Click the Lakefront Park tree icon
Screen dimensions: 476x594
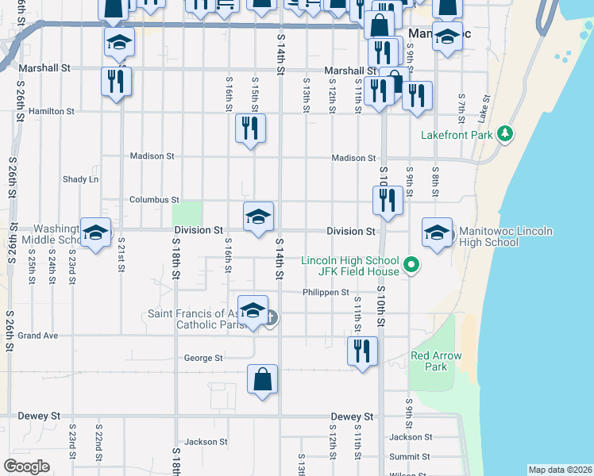pyautogui.click(x=503, y=133)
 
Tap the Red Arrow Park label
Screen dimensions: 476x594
pyautogui.click(x=436, y=361)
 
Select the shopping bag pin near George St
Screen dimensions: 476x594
pyautogui.click(x=262, y=379)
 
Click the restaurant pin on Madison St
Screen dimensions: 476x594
pyautogui.click(x=251, y=129)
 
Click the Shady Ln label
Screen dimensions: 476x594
pyautogui.click(x=81, y=179)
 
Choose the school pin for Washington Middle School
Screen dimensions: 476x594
pyautogui.click(x=95, y=232)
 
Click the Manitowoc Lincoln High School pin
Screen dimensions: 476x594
pyautogui.click(x=436, y=232)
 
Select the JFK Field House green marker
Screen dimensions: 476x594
pyautogui.click(x=411, y=265)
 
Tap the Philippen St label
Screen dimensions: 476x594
pyautogui.click(x=326, y=292)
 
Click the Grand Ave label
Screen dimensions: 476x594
pyautogui.click(x=38, y=336)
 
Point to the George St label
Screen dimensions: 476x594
pyautogui.click(x=203, y=358)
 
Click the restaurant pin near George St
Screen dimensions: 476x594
pyautogui.click(x=362, y=350)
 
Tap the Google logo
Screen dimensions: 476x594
pyautogui.click(x=27, y=466)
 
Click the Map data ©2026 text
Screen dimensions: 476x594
pyautogui.click(x=559, y=470)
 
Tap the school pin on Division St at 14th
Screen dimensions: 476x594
pyautogui.click(x=258, y=217)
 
